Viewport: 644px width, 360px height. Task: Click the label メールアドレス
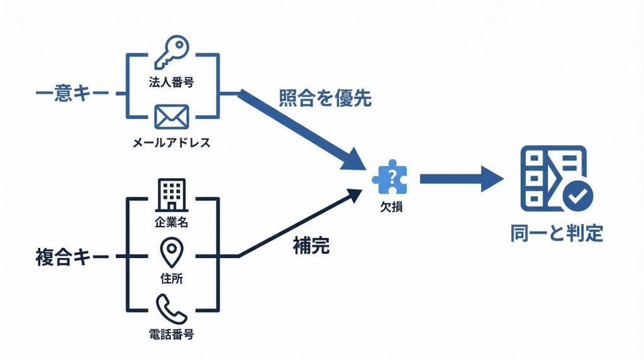click(x=171, y=143)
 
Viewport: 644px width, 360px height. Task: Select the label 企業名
click(x=172, y=222)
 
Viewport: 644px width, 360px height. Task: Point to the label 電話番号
click(x=171, y=334)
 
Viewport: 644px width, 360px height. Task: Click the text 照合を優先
click(x=325, y=98)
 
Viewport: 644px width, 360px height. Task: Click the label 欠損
click(x=391, y=205)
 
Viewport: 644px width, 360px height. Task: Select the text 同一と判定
click(x=557, y=234)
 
